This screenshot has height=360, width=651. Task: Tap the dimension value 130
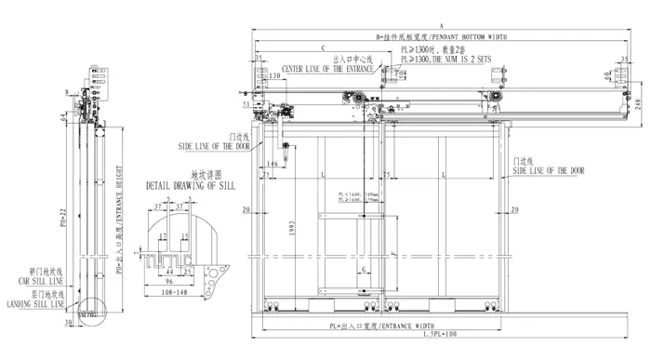(274, 77)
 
